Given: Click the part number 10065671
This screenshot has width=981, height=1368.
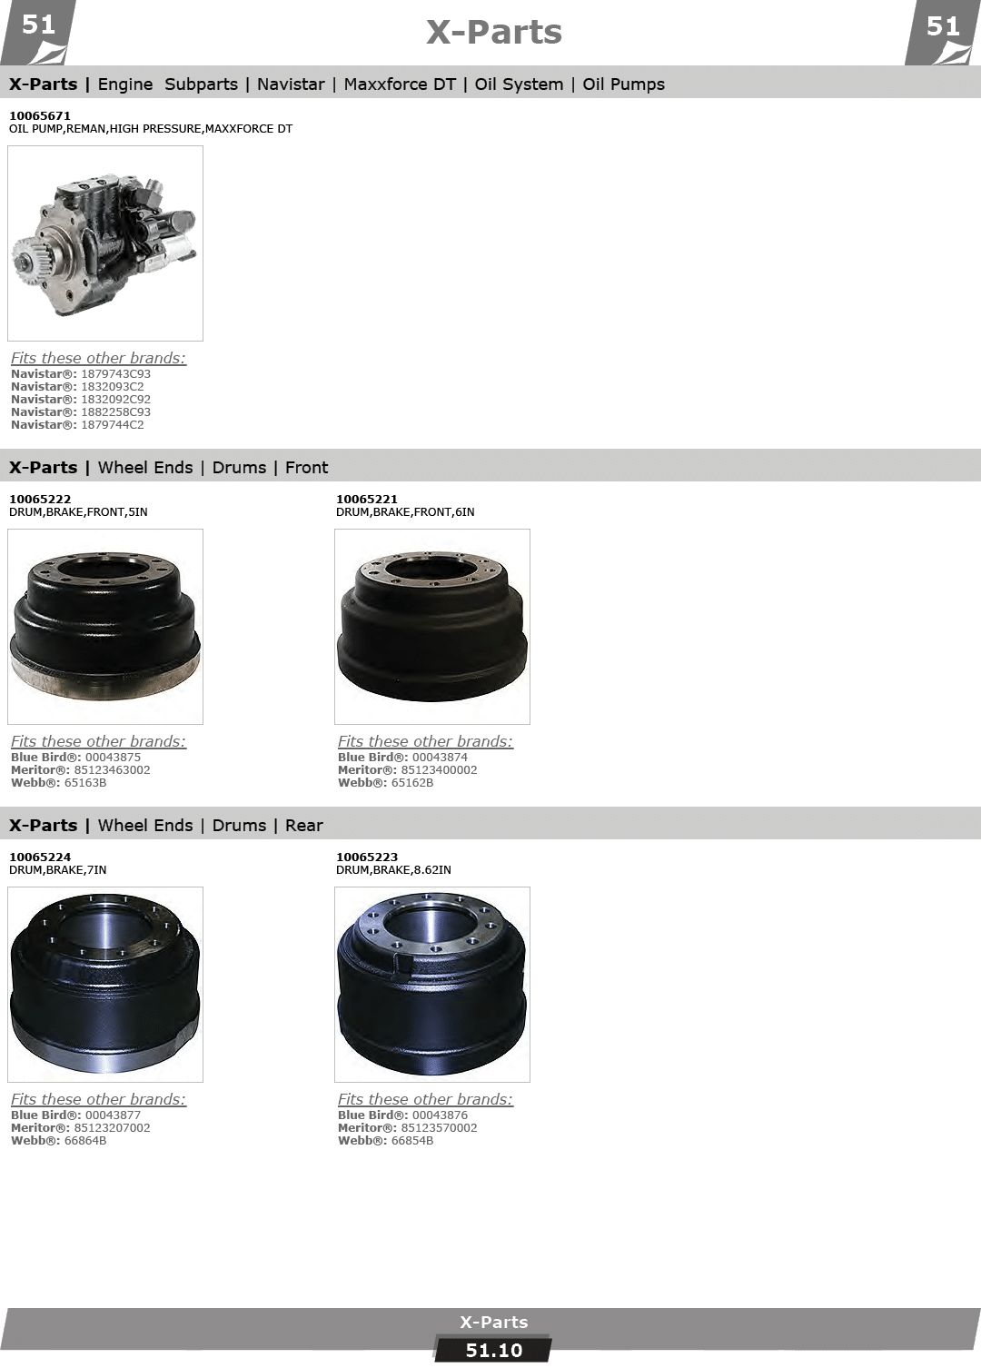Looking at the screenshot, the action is coord(40,115).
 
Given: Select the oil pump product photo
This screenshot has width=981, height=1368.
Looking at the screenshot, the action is coord(105,243).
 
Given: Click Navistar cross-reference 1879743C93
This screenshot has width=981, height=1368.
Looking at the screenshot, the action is coord(115,373).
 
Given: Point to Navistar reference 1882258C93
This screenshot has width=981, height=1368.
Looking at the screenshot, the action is coord(115,412).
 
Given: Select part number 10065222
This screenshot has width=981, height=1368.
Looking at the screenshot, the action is coord(40,499).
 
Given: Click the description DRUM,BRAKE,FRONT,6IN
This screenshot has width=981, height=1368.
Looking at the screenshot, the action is coord(405,511).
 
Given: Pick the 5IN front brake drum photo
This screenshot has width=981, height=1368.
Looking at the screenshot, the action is coord(105,627).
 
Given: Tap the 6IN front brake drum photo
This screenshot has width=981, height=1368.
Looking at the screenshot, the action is coord(431,627).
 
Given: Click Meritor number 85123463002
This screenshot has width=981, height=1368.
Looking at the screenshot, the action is coord(112,770).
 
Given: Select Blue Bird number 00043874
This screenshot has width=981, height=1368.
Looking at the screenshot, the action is coord(440,758).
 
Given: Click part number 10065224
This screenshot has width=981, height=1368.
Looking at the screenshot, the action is coord(40,857).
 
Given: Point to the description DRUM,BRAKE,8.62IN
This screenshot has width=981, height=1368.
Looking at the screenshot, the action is coord(393,869).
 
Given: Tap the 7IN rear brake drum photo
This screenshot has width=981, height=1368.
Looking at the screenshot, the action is coord(105,985).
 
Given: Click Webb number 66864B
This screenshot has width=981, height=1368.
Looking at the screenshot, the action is coord(84,1141).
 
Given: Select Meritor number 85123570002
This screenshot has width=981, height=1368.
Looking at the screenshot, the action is coord(439,1128).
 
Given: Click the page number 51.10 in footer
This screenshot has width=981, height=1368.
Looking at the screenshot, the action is coord(493,1351).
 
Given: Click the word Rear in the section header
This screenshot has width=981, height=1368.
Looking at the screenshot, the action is coord(303,826).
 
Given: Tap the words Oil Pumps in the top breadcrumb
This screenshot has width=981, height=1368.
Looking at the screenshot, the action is coord(623,84).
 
